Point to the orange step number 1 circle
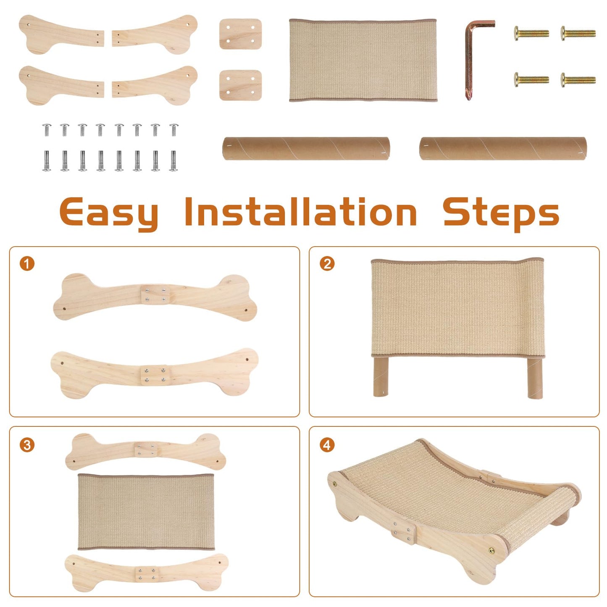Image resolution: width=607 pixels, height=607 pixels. click(27, 264)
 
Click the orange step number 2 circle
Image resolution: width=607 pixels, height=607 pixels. click(327, 264)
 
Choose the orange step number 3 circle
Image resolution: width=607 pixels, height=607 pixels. click(27, 445)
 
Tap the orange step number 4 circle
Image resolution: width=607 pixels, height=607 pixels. click(327, 445)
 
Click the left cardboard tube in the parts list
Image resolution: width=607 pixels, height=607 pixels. click(306, 148)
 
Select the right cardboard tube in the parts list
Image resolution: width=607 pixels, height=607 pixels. click(503, 148)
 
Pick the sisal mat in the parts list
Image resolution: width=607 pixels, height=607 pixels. click(363, 60)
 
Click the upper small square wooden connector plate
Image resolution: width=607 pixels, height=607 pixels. click(240, 34)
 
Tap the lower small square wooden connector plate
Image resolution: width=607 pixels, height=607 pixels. click(240, 85)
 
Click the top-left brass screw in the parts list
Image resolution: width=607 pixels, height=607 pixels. click(531, 33)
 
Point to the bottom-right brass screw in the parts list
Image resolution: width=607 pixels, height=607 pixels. click(578, 80)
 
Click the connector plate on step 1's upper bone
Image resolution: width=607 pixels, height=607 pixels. click(155, 294)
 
